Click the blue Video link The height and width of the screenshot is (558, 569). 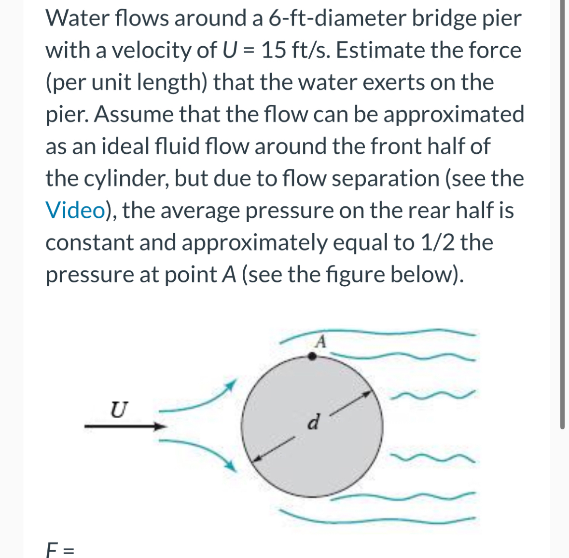75,211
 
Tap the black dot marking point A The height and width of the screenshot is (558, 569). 312,356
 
